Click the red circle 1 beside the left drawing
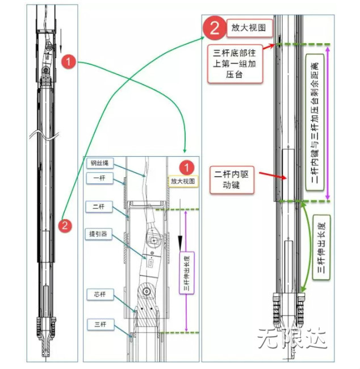pyautogui.click(x=68, y=62)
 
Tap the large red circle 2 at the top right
pyautogui.click(x=213, y=27)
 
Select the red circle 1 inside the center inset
pyautogui.click(x=184, y=167)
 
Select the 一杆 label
pyautogui.click(x=97, y=178)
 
